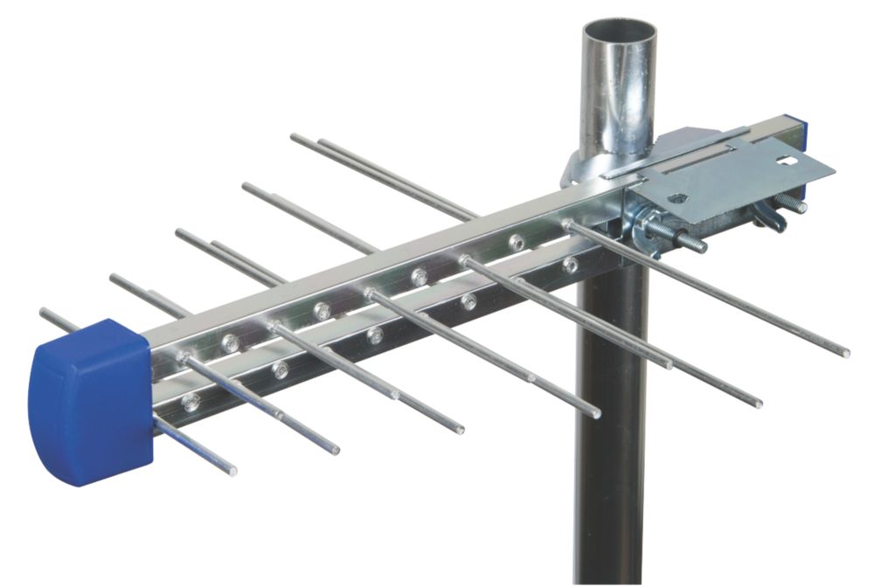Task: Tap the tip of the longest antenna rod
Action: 845,354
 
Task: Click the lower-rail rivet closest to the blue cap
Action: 190,403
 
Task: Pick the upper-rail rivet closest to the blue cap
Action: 230,344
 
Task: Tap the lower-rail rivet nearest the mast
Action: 571,264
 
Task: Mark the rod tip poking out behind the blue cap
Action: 44,313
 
